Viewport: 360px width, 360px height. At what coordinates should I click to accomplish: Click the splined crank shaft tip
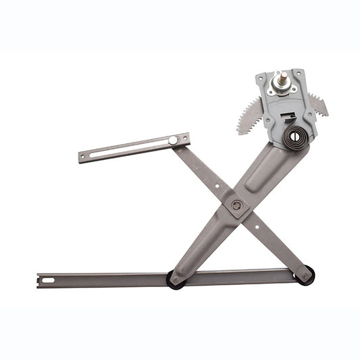[x=278, y=75]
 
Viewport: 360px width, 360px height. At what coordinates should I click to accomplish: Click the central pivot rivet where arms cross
[x=236, y=205]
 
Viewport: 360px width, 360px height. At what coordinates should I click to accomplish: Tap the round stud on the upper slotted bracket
[x=174, y=140]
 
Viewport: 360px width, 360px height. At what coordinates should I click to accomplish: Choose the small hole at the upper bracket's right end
[x=185, y=138]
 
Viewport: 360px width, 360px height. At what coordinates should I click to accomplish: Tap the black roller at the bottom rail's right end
[x=305, y=275]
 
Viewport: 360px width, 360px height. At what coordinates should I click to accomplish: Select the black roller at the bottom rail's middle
[x=176, y=279]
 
